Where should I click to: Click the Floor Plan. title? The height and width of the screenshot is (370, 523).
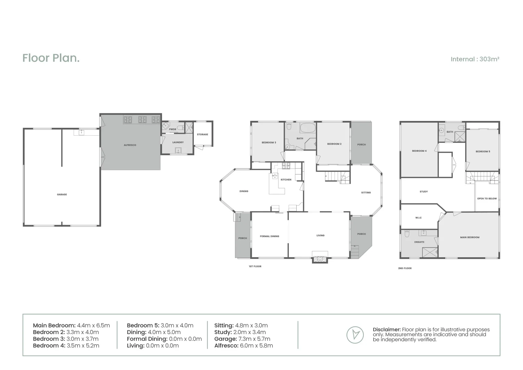[51, 58]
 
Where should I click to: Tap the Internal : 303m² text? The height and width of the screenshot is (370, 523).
[475, 59]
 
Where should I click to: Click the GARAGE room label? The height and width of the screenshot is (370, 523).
[62, 195]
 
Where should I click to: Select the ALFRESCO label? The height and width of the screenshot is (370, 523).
[130, 145]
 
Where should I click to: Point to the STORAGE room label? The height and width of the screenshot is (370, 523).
[202, 135]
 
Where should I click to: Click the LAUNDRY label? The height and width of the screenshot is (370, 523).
[178, 143]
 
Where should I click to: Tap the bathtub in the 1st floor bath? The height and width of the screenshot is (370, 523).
[308, 128]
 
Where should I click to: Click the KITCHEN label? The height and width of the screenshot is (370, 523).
[286, 180]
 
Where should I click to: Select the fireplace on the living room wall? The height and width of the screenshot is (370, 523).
[320, 259]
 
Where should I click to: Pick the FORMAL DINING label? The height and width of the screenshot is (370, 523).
[269, 236]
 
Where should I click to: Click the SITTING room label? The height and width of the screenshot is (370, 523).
[366, 193]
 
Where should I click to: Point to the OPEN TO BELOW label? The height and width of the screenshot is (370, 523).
[487, 199]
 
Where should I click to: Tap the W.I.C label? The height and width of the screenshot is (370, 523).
[418, 218]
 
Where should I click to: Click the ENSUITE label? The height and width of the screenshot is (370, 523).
[419, 242]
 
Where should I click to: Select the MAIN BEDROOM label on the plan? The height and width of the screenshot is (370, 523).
[470, 237]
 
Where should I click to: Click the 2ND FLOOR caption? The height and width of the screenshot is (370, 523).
[405, 268]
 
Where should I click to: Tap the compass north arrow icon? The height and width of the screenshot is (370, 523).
[355, 335]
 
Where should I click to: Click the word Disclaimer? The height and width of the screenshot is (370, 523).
[386, 330]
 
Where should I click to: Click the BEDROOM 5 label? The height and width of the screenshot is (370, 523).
[483, 151]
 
